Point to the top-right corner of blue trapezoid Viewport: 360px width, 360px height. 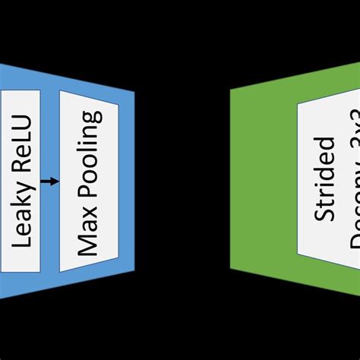pyautogui.click(x=134, y=92)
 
